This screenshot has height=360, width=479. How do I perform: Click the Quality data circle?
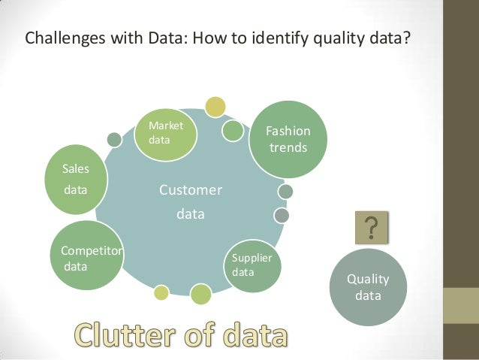point(367,287)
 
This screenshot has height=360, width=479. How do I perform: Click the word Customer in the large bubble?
point(190,190)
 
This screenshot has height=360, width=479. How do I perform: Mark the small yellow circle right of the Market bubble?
point(215,107)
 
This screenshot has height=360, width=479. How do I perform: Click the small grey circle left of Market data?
point(114,139)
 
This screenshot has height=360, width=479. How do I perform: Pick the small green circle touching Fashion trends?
point(233,130)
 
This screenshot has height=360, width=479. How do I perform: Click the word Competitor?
point(92,251)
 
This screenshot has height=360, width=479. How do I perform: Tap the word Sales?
point(76,170)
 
